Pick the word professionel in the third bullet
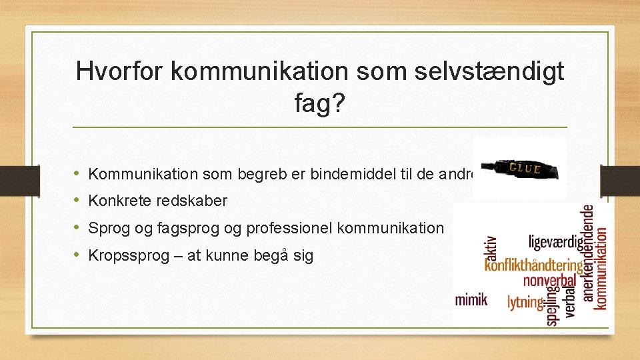(x=290, y=228)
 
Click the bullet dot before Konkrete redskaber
(x=79, y=201)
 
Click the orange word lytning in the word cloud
(x=525, y=302)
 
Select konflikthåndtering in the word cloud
(x=533, y=265)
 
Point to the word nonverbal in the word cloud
(x=549, y=280)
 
